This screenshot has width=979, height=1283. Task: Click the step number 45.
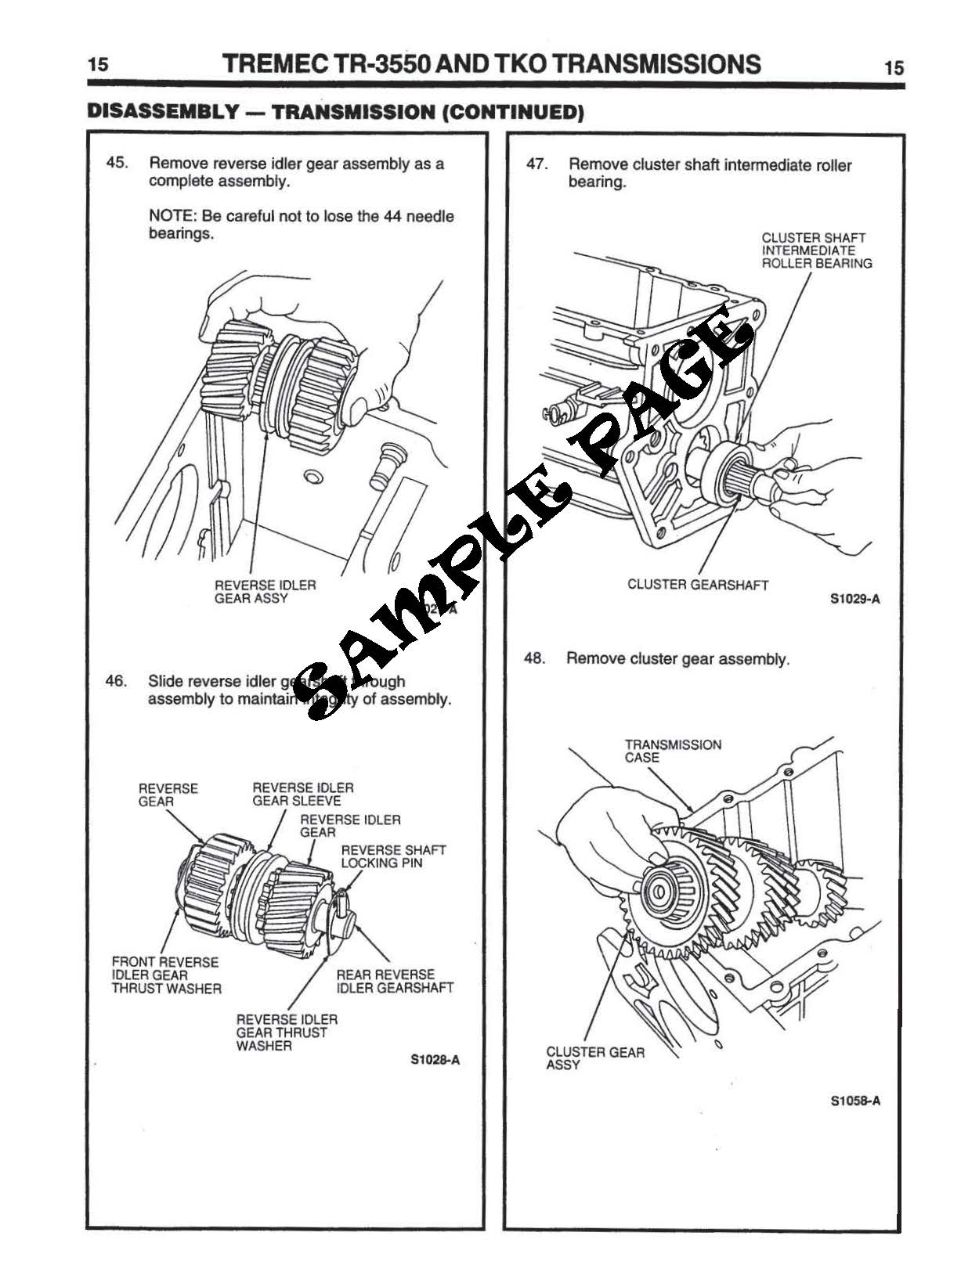tap(117, 164)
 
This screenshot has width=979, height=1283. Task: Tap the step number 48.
tap(534, 658)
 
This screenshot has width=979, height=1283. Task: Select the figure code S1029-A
tap(854, 600)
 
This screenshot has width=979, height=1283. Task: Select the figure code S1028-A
tap(435, 1060)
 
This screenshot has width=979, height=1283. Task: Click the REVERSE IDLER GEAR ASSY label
tap(265, 592)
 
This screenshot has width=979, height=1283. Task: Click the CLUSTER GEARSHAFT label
tap(698, 585)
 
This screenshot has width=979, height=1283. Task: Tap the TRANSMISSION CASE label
tap(672, 751)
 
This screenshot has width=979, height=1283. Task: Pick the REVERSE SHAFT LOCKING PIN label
tap(392, 856)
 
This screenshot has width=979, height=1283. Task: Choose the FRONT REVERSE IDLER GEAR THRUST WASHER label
tap(166, 975)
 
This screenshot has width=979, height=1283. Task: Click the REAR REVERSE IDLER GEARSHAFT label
tap(394, 982)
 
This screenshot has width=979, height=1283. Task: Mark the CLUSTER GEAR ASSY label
tap(594, 1058)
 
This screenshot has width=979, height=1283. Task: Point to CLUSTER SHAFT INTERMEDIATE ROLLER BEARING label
tap(816, 250)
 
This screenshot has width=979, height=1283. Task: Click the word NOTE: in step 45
tap(172, 217)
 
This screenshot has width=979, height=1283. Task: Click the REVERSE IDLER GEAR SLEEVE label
tap(302, 795)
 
